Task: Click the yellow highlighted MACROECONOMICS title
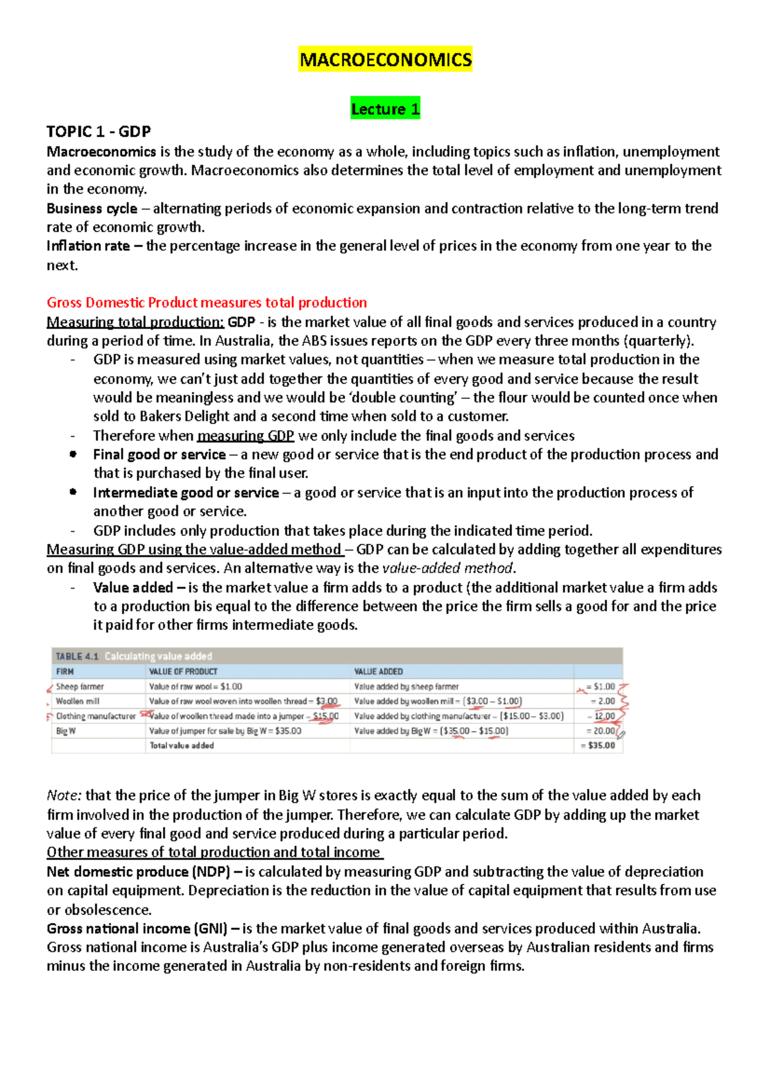point(385,60)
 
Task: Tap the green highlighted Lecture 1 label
point(385,109)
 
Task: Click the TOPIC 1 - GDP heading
point(98,131)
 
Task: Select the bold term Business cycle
point(92,208)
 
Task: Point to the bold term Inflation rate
point(88,246)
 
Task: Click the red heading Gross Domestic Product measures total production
point(207,303)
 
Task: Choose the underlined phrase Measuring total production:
point(135,322)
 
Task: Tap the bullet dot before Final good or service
point(73,454)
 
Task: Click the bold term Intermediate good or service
point(185,493)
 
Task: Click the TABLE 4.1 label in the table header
point(77,656)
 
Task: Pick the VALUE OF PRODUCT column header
point(183,671)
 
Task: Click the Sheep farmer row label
point(80,686)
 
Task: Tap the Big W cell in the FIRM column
point(65,730)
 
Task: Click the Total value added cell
point(182,745)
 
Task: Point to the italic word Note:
point(64,795)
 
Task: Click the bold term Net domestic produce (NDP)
point(138,872)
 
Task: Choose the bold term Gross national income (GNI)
point(137,929)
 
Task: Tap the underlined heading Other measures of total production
point(214,852)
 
